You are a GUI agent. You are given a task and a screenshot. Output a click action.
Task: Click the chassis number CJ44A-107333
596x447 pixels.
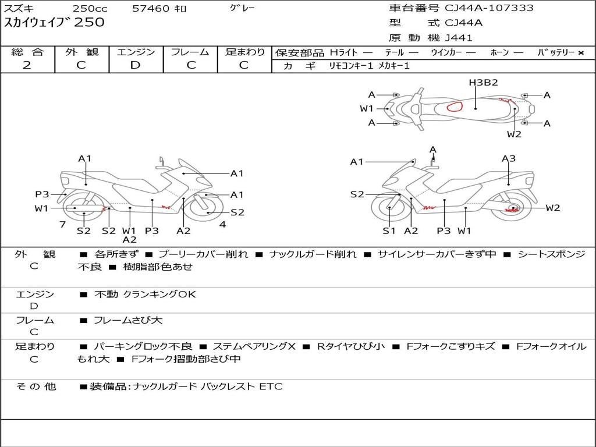pos(489,8)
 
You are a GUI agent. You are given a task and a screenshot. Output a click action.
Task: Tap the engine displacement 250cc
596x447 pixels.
pos(90,8)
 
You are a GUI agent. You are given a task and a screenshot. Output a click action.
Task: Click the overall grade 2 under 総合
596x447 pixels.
pos(27,65)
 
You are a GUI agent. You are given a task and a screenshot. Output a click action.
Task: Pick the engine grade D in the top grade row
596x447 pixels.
pos(135,65)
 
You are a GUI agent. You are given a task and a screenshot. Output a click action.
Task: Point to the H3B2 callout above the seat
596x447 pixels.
pos(483,83)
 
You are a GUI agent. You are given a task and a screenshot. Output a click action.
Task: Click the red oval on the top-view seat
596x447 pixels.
pos(455,107)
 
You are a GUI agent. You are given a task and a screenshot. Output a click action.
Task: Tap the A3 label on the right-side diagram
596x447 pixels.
pos(509,158)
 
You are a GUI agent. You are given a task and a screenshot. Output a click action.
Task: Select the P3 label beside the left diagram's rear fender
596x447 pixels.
pos(42,194)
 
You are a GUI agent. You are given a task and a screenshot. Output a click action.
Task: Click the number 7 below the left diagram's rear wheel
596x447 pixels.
pos(63,225)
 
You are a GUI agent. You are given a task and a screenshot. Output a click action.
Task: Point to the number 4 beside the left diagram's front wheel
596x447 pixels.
pos(223,224)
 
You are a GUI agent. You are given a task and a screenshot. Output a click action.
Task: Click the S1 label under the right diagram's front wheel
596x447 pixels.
pos(389,230)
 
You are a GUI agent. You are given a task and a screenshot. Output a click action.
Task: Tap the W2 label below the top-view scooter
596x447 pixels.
pos(515,134)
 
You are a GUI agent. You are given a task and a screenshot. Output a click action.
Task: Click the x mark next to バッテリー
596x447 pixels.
pos(581,53)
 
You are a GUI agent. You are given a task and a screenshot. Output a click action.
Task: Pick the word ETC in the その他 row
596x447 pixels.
pos(271,386)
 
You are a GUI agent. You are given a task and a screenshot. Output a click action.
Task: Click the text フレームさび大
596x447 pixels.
pos(128,321)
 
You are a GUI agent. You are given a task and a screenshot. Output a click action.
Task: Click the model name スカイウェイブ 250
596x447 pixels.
pos(54,22)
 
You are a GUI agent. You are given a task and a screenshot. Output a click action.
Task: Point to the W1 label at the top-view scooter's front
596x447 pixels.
pos(367,109)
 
